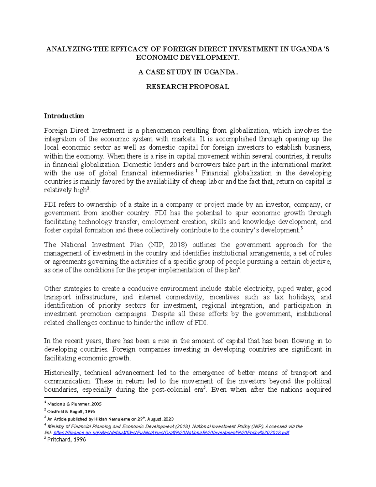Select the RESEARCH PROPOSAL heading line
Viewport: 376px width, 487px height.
coord(188,87)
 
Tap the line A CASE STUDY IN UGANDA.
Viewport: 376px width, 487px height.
coord(188,72)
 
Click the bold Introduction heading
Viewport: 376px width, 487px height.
coord(64,116)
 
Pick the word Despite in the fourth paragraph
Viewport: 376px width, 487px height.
coord(162,314)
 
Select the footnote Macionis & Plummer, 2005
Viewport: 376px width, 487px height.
coord(74,404)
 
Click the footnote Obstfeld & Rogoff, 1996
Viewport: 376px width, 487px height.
coord(71,411)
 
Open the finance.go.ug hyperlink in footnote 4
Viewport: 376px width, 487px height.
coord(171,433)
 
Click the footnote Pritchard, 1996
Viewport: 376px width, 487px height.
coord(66,440)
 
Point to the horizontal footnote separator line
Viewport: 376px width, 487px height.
coord(80,398)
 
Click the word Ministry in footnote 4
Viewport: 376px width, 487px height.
coord(55,426)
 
